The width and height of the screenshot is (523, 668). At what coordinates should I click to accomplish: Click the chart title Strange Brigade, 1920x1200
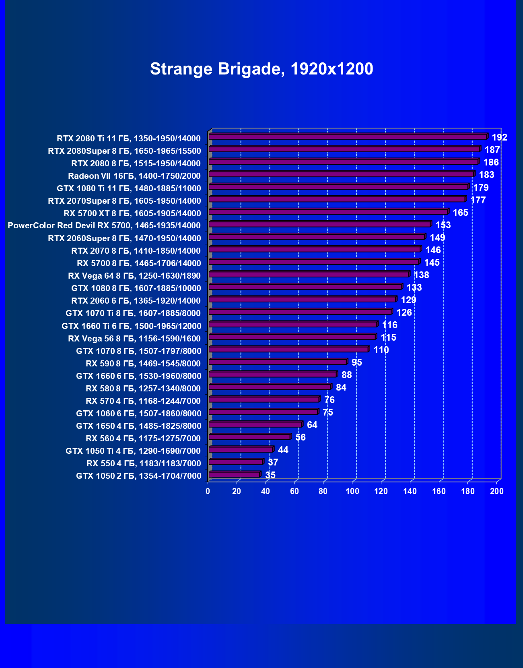pyautogui.click(x=261, y=69)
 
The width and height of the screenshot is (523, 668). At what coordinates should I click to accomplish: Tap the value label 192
pyautogui.click(x=499, y=137)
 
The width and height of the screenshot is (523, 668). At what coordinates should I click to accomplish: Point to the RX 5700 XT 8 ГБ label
pyautogui.click(x=132, y=213)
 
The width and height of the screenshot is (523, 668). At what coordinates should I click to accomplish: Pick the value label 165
pyautogui.click(x=460, y=213)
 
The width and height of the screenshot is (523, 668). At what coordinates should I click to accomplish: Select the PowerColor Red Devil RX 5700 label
pyautogui.click(x=104, y=225)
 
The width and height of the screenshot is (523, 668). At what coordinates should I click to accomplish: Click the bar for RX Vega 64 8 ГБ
pyautogui.click(x=309, y=275)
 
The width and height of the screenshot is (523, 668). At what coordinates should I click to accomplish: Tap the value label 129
pyautogui.click(x=408, y=300)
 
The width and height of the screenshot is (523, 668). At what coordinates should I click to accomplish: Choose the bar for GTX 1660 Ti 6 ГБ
pyautogui.click(x=293, y=325)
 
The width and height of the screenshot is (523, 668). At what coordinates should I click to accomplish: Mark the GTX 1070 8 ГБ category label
pyautogui.click(x=138, y=351)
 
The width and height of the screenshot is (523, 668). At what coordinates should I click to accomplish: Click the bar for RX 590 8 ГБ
pyautogui.click(x=278, y=362)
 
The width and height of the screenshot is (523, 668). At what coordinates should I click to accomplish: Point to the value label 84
pyautogui.click(x=341, y=387)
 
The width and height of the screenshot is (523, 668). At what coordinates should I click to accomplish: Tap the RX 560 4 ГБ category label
pyautogui.click(x=143, y=438)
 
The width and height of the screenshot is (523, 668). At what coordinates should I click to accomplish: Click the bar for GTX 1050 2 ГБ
pyautogui.click(x=234, y=475)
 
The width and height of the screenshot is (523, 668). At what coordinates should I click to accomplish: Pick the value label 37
pyautogui.click(x=273, y=462)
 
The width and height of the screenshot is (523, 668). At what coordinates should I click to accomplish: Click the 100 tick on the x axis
pyautogui.click(x=352, y=491)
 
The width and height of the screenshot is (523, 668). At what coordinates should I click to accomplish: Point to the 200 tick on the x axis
pyautogui.click(x=496, y=491)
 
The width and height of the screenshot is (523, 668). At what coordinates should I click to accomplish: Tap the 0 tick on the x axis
pyautogui.click(x=208, y=491)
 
